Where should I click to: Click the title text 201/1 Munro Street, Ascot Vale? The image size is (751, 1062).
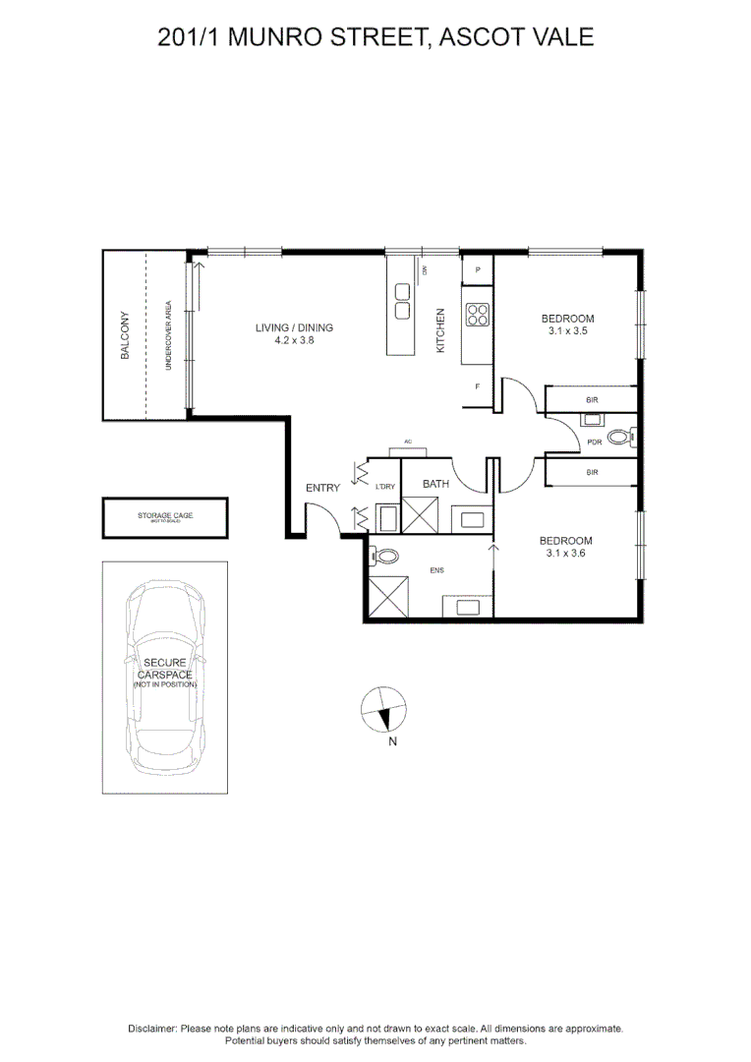tap(375, 38)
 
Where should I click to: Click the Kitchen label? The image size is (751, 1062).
tap(441, 330)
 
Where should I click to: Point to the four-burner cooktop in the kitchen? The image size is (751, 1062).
tap(477, 315)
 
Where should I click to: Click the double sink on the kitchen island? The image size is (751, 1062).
tap(403, 301)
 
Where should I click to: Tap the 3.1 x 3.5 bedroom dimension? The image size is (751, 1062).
tap(567, 332)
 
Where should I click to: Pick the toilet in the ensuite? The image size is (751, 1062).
tap(386, 557)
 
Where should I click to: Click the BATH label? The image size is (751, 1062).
tap(436, 484)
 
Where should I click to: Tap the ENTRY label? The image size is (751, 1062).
tap(322, 488)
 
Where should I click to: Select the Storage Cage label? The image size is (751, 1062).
tap(164, 515)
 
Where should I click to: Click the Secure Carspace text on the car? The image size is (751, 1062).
tap(164, 670)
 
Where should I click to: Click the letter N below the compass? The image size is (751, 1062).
tap(392, 742)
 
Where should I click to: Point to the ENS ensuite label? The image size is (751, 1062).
tap(436, 569)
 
